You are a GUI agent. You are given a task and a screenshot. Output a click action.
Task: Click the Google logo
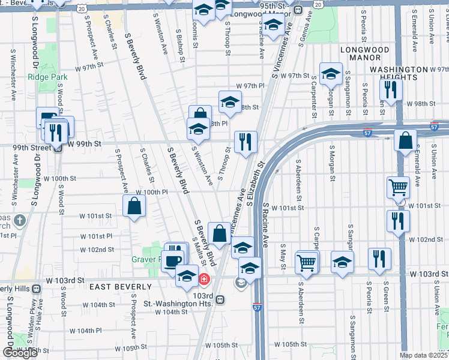[19, 353]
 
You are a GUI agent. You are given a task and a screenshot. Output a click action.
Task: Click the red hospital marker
[204, 279]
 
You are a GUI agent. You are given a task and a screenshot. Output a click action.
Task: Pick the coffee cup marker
[173, 260]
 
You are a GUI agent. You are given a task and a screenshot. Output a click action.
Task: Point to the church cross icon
[20, 220]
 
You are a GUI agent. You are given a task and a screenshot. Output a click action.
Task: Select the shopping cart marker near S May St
[307, 262]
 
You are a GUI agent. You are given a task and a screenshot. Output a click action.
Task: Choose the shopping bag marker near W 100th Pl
[134, 206]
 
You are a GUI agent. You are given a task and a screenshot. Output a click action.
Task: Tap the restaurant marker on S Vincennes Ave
[246, 142]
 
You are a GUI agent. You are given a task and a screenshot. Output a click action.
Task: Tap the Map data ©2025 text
[423, 355]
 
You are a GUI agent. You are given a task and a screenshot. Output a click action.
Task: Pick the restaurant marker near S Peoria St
[379, 259]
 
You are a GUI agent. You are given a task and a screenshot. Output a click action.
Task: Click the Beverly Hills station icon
[37, 289]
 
